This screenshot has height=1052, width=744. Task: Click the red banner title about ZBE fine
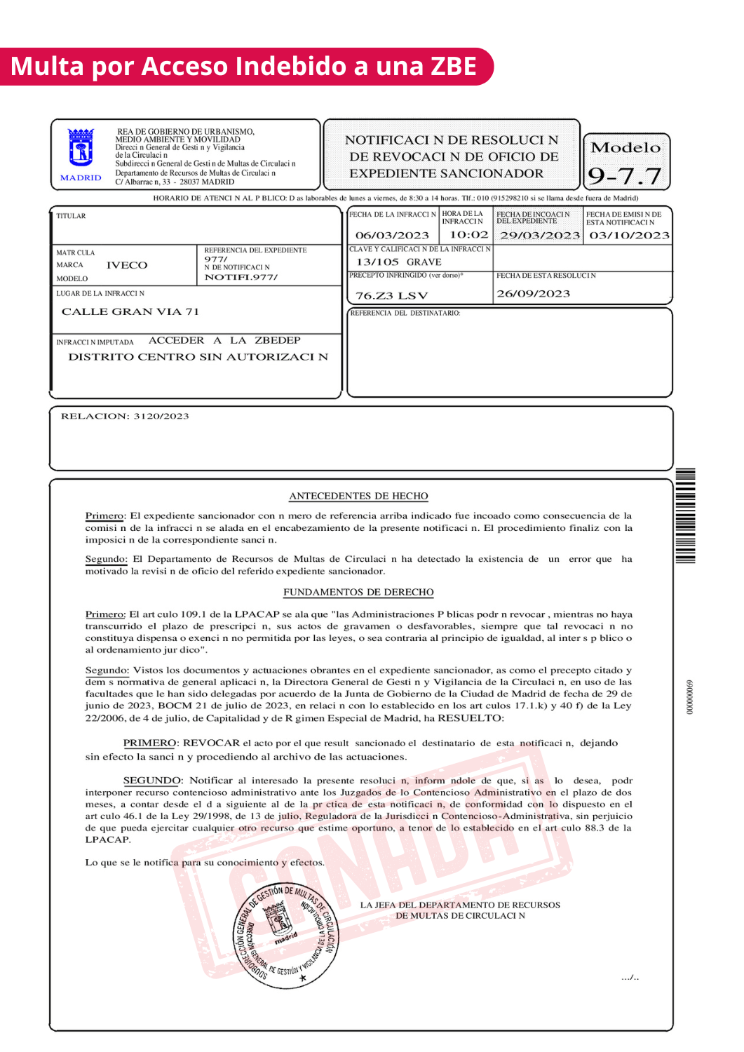click(x=243, y=67)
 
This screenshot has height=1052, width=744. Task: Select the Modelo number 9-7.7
click(x=625, y=175)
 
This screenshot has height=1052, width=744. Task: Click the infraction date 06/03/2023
click(x=392, y=236)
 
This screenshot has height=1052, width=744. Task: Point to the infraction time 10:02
click(x=468, y=235)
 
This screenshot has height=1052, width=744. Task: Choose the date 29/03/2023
click(x=539, y=236)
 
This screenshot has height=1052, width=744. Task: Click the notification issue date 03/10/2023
click(x=629, y=236)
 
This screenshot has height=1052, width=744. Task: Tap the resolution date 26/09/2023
click(x=533, y=294)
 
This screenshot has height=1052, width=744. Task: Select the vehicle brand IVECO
click(x=127, y=265)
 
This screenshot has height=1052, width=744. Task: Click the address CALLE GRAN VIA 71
click(x=130, y=311)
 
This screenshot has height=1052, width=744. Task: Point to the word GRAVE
click(x=424, y=262)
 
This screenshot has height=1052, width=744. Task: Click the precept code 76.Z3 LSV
click(x=391, y=296)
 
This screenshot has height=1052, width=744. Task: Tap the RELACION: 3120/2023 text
click(x=125, y=416)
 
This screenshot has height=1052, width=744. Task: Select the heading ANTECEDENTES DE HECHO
click(x=358, y=496)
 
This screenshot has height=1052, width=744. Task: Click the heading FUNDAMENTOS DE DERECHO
click(x=358, y=592)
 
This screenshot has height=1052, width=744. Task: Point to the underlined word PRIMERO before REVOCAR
click(x=149, y=743)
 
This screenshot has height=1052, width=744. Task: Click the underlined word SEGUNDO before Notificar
click(x=151, y=780)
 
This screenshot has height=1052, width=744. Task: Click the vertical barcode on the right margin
click(x=685, y=515)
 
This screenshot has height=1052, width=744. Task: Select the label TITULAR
click(x=71, y=216)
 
